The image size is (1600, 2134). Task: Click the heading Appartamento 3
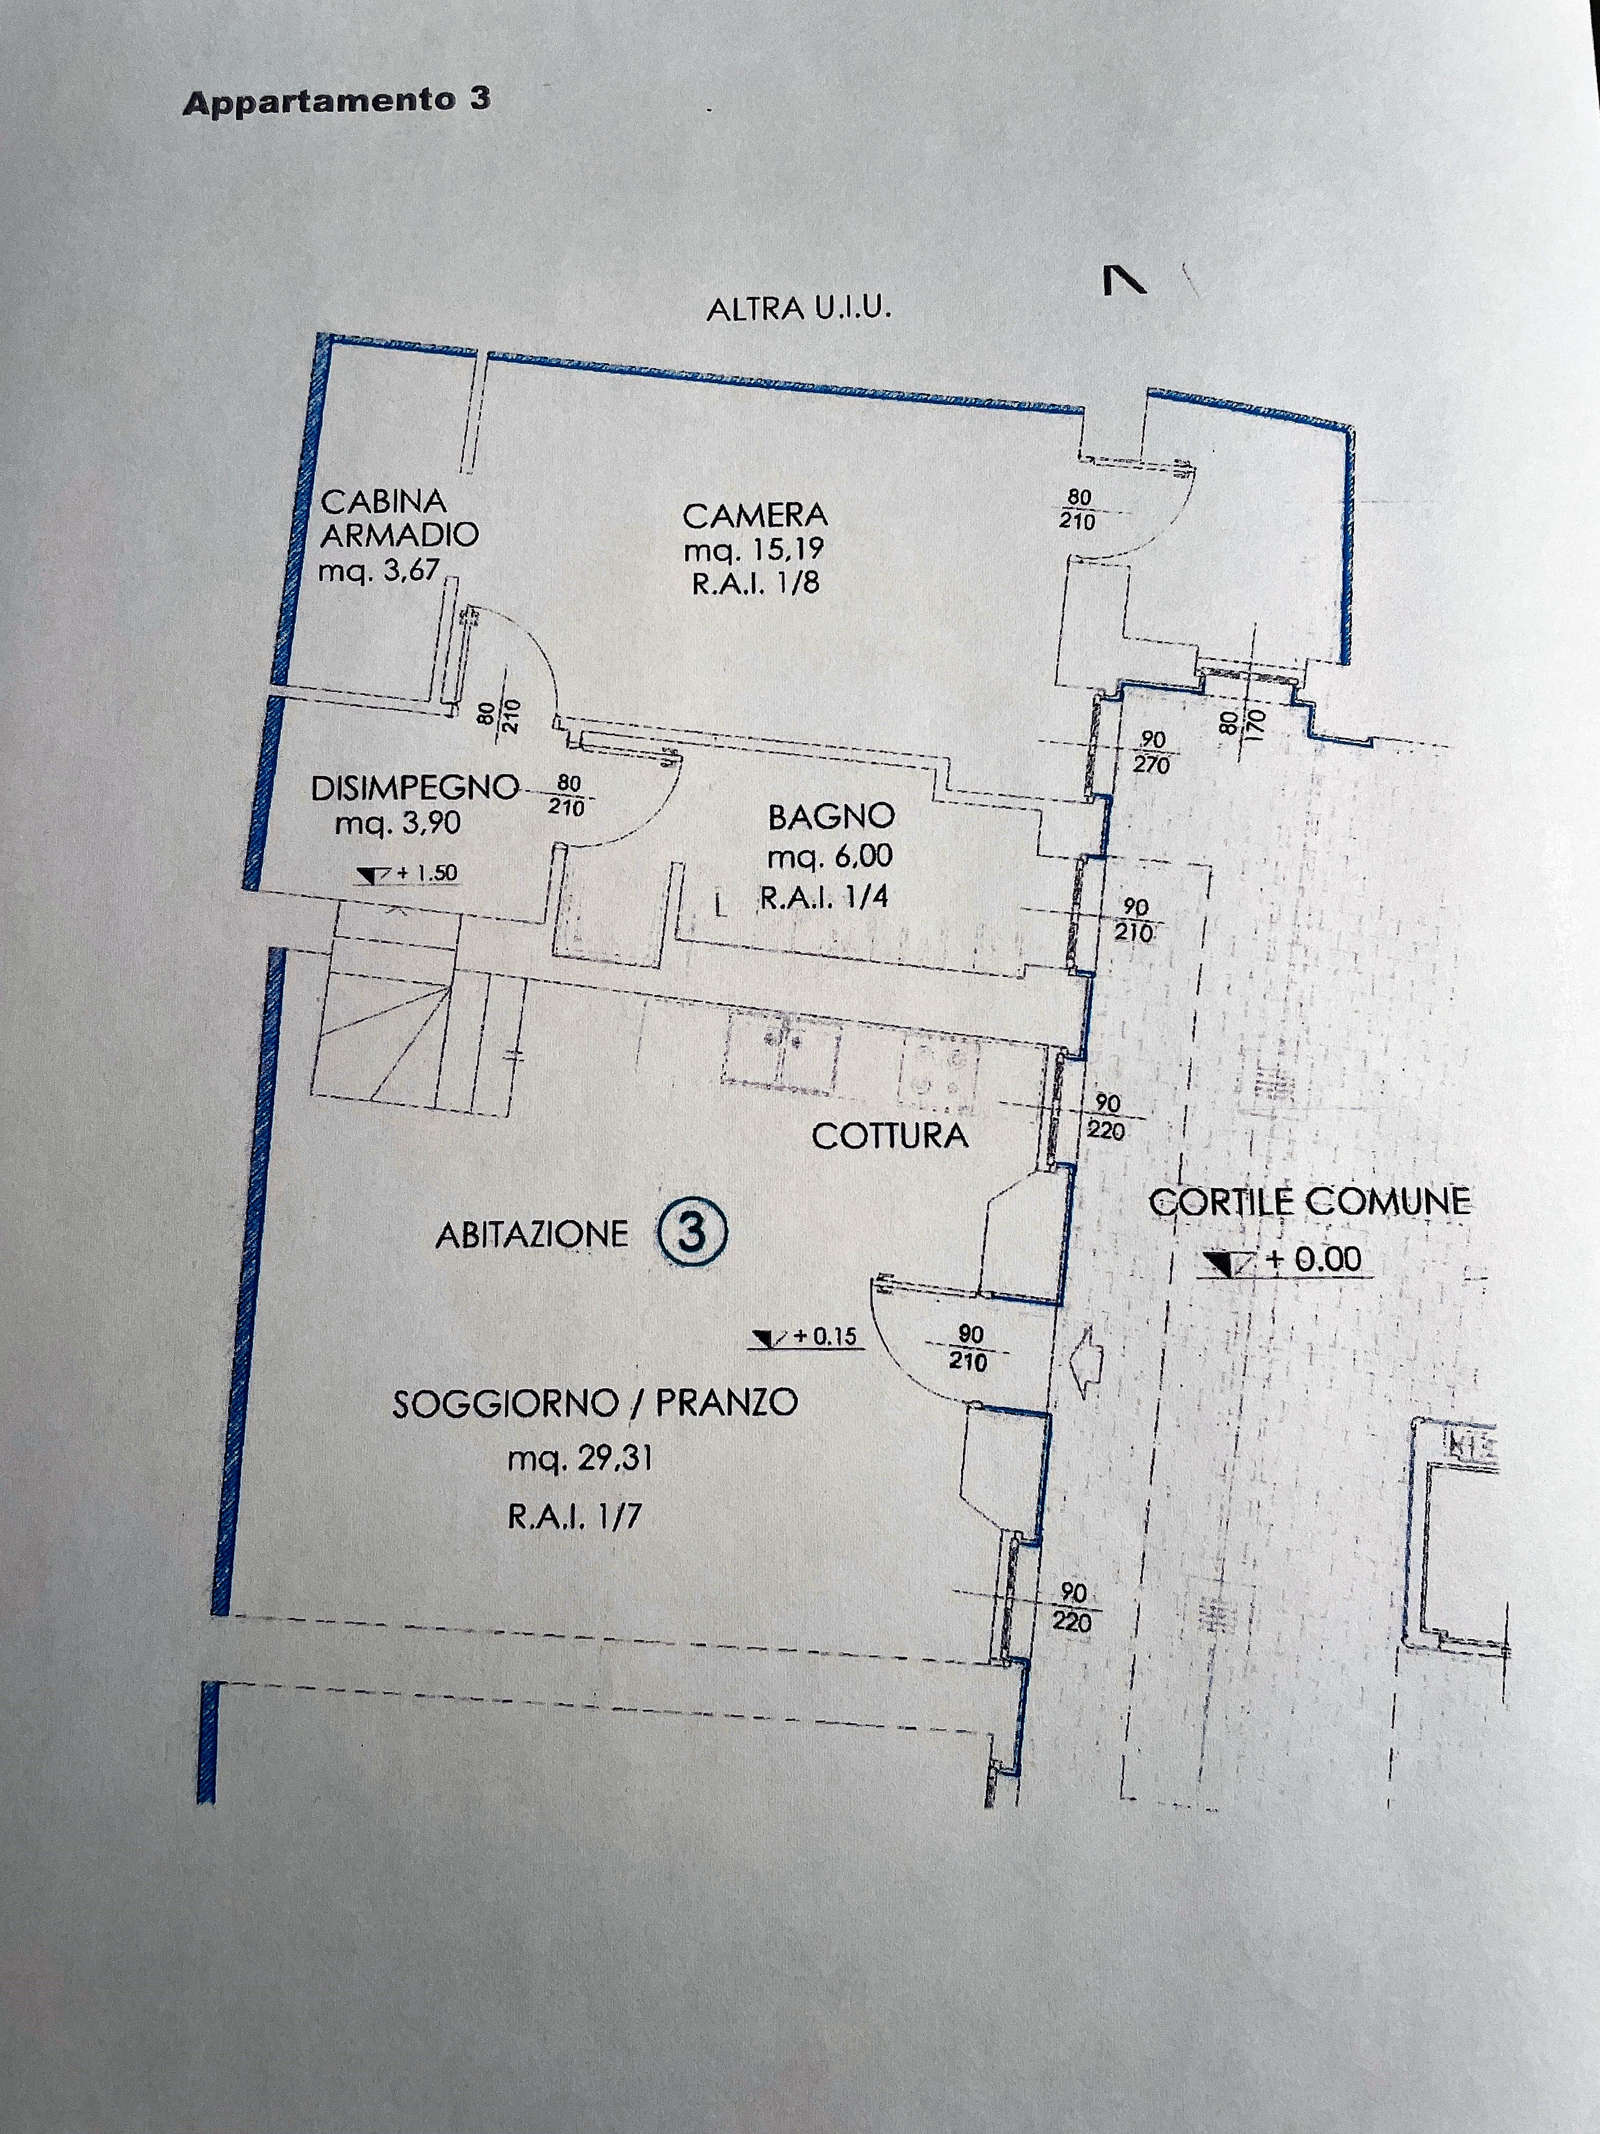pos(337,101)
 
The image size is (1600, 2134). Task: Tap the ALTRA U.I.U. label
pos(798,309)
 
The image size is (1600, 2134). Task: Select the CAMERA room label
pos(755,516)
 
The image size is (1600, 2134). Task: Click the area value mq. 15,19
pos(754,550)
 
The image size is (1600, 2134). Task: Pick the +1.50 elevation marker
pos(406,874)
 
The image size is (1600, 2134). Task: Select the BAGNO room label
pos(831,817)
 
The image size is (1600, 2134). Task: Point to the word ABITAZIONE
pos(531,1235)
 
